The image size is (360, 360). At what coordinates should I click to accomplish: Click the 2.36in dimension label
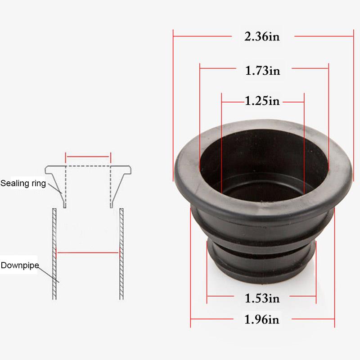[262, 36]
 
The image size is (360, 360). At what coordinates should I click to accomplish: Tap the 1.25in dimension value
[262, 101]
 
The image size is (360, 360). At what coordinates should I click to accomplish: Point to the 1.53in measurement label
[262, 298]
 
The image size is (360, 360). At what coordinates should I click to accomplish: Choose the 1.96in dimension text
[262, 320]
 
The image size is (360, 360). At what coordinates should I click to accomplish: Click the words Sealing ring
[23, 184]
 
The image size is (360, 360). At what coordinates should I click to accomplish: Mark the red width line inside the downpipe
[87, 252]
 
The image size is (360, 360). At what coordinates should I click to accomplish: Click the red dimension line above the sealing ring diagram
[88, 157]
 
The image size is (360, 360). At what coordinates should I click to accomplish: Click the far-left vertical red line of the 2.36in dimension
[174, 103]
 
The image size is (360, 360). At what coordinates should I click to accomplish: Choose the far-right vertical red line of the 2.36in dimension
[354, 103]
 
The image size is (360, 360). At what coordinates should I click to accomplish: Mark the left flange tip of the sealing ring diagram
[47, 170]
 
